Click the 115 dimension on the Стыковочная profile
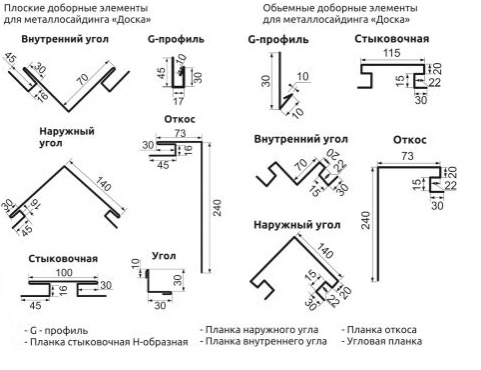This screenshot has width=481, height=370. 391,53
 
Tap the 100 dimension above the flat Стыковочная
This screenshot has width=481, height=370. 64,273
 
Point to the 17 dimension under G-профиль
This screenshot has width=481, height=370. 179,101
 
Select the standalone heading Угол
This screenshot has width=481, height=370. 164,256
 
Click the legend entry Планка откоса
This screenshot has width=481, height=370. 381,330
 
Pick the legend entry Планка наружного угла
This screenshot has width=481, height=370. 261,330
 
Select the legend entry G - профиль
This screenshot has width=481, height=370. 59,330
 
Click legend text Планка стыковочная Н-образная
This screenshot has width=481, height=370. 109,342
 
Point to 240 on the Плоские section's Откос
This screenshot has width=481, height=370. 218,208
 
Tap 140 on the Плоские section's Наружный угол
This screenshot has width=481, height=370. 104,184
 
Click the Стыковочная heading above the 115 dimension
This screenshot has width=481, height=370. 391,39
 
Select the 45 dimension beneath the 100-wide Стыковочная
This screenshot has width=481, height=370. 35,305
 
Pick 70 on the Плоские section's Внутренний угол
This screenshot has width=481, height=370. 83,79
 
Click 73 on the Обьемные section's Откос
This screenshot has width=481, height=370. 407,156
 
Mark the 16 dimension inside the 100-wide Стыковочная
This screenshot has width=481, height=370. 63,289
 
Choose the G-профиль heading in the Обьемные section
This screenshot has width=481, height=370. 278,39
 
